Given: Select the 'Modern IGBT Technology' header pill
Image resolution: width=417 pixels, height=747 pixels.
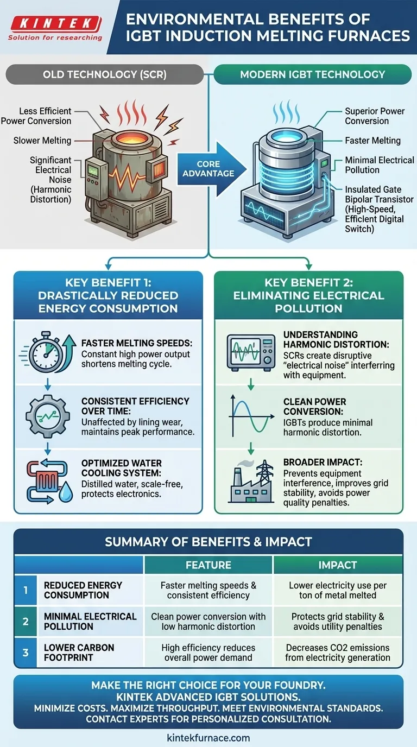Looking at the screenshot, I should [312, 74].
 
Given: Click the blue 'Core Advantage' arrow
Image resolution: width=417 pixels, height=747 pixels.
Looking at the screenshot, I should [209, 168].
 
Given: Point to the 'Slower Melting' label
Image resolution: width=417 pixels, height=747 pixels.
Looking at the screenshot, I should [42, 141].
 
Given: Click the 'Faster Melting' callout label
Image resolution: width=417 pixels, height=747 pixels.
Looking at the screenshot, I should [372, 141].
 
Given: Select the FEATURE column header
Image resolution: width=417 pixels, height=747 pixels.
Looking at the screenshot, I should [208, 565].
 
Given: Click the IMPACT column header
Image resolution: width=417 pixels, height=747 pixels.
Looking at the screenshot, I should [338, 565].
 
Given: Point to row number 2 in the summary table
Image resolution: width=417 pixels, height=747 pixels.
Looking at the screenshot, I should [26, 622].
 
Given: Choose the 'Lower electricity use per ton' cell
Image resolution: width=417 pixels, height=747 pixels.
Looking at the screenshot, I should [338, 590].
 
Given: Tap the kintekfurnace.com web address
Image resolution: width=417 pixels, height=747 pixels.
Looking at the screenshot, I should [208, 737].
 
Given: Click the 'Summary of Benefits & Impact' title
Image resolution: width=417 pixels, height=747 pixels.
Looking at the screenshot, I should [208, 541].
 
